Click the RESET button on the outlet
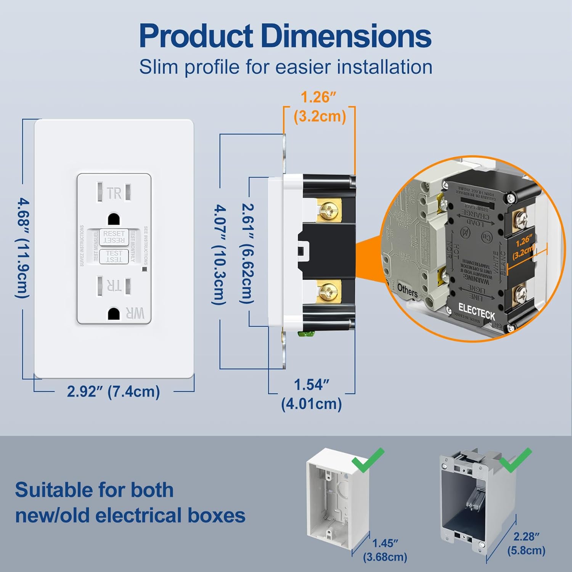(114, 237)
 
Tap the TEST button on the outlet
(114, 256)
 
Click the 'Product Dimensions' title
(285, 36)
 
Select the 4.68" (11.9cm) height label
(22, 247)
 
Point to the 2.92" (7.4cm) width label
(113, 392)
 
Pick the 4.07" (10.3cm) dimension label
(219, 254)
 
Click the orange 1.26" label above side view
(319, 107)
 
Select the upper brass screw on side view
(328, 210)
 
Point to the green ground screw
(306, 334)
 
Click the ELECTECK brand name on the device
(476, 312)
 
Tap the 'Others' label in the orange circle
(407, 291)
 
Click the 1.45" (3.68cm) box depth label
(385, 550)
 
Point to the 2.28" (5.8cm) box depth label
(526, 543)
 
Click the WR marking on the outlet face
(135, 313)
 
